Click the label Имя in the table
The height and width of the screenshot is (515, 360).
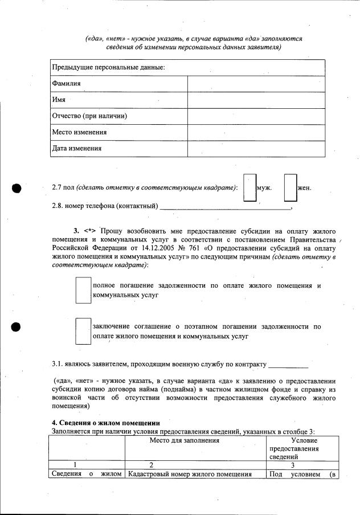coord(59,100)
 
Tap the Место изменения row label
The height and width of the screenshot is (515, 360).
coord(79,132)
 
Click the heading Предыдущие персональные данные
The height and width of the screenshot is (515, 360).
coord(108,67)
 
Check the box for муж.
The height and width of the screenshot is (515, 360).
coord(249,188)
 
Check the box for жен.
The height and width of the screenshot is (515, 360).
coord(291,188)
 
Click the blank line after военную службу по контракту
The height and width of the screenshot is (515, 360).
coord(288,365)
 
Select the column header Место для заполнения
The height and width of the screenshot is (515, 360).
coord(184,440)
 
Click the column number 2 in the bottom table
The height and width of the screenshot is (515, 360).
coord(151,465)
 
